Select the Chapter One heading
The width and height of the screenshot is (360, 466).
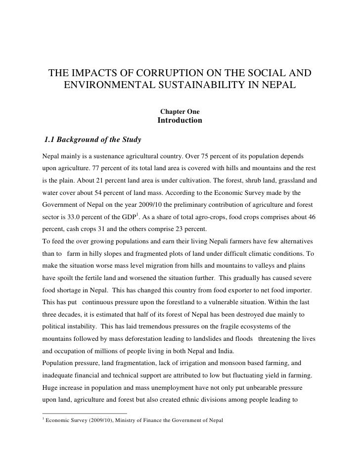180,111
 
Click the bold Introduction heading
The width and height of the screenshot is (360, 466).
180,120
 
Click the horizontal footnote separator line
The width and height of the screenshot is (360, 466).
84,413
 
